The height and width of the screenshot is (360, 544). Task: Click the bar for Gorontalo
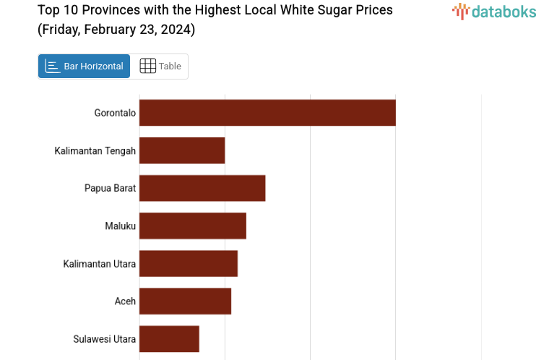point(267,113)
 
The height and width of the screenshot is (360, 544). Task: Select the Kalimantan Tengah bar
point(182,150)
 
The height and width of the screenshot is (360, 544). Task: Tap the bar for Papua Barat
point(202,188)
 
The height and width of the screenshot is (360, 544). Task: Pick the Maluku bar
point(193,226)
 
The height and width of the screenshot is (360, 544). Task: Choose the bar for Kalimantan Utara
point(189,263)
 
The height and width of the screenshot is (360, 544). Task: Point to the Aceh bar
point(185,301)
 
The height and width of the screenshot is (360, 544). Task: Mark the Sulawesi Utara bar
point(169,338)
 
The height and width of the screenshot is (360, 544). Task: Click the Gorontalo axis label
point(115,113)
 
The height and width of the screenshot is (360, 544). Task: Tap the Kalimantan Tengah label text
point(95,150)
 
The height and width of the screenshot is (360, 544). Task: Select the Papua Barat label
point(110,188)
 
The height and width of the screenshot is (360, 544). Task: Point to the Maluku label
point(120,226)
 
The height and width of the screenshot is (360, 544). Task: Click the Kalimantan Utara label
point(99,263)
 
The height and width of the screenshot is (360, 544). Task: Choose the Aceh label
point(125,301)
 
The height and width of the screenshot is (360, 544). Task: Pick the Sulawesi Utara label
point(104,338)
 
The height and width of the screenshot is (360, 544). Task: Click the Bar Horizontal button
point(84,67)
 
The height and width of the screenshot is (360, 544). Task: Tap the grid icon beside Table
point(147,67)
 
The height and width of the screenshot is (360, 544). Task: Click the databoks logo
point(494,11)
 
